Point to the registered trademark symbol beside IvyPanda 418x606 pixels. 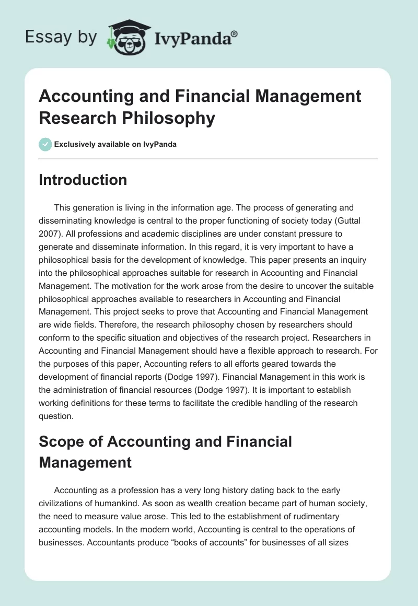(234, 33)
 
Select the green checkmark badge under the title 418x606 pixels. (45, 144)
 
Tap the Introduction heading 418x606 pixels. (83, 180)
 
